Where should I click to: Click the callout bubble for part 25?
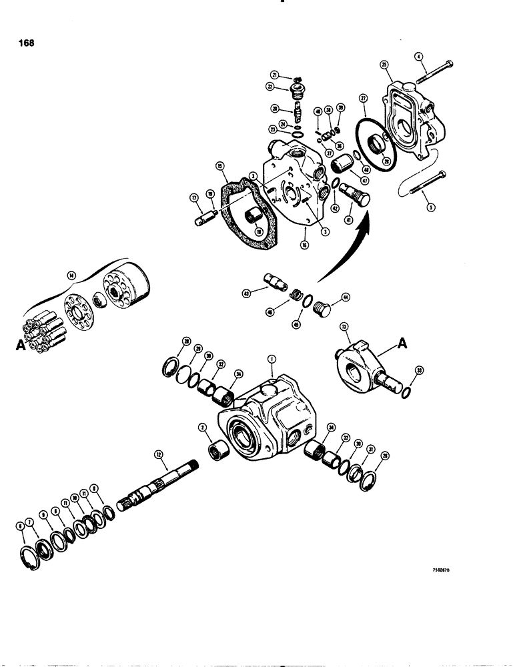click(384, 65)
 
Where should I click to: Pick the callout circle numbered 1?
click(272, 360)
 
